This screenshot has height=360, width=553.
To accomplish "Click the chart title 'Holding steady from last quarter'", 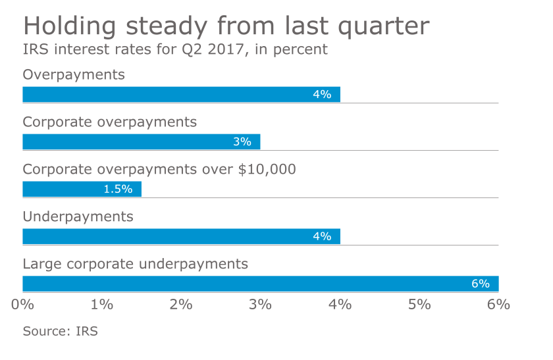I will click(x=226, y=26).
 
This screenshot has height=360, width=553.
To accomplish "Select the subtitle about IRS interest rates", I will click(x=175, y=50).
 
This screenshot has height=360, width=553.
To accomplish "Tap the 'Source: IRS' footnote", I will click(x=60, y=331).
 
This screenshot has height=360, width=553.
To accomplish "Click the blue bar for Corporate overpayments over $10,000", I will click(x=82, y=190).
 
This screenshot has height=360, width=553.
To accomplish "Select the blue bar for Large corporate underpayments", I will click(x=260, y=284).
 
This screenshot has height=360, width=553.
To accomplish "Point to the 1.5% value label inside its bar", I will click(x=118, y=190).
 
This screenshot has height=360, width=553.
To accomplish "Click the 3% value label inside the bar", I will click(x=242, y=141).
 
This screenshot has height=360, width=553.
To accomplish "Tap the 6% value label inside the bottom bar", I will click(x=480, y=284).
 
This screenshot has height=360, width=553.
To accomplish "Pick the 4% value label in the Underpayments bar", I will click(x=322, y=236).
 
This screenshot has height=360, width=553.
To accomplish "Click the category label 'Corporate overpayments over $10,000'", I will click(x=159, y=169).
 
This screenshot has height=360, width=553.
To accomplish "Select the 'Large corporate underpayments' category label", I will click(x=135, y=264).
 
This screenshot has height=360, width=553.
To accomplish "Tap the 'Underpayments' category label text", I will click(x=78, y=217).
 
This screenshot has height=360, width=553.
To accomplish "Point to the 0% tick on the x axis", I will click(x=23, y=305).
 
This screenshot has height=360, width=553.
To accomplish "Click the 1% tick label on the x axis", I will click(x=102, y=305).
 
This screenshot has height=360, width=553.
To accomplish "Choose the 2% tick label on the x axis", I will click(x=181, y=305).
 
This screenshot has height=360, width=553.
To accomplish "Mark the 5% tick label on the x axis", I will click(x=419, y=305).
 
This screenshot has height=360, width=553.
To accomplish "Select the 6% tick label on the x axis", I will click(x=498, y=305).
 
